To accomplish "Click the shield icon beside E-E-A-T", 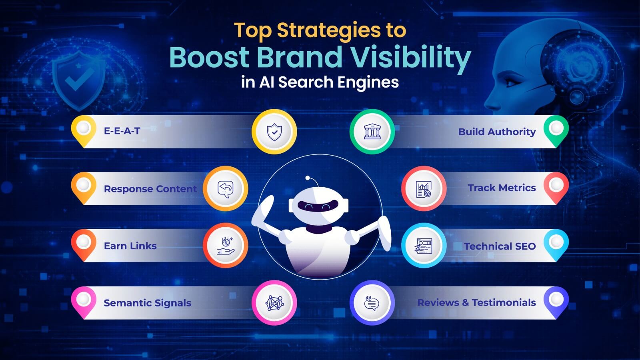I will click(x=274, y=132).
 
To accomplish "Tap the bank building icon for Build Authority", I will click(x=372, y=132).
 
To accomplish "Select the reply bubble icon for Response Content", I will click(x=226, y=188).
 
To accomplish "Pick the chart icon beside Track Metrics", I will click(x=424, y=188).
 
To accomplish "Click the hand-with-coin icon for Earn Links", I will click(x=226, y=246).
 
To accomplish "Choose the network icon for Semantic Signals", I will click(x=274, y=303).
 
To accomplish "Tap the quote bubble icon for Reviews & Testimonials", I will click(x=372, y=303).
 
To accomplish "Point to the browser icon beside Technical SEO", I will click(x=424, y=246).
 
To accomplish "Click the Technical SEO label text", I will click(x=500, y=246).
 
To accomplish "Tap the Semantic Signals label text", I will click(x=147, y=303).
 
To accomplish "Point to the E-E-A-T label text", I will click(x=122, y=131).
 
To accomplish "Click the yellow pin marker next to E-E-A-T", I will click(x=83, y=129).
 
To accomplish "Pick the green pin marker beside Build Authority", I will click(x=556, y=129).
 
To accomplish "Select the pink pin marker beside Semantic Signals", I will click(x=83, y=300).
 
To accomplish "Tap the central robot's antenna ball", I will click(x=308, y=178).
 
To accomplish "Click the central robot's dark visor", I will click(x=318, y=206).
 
